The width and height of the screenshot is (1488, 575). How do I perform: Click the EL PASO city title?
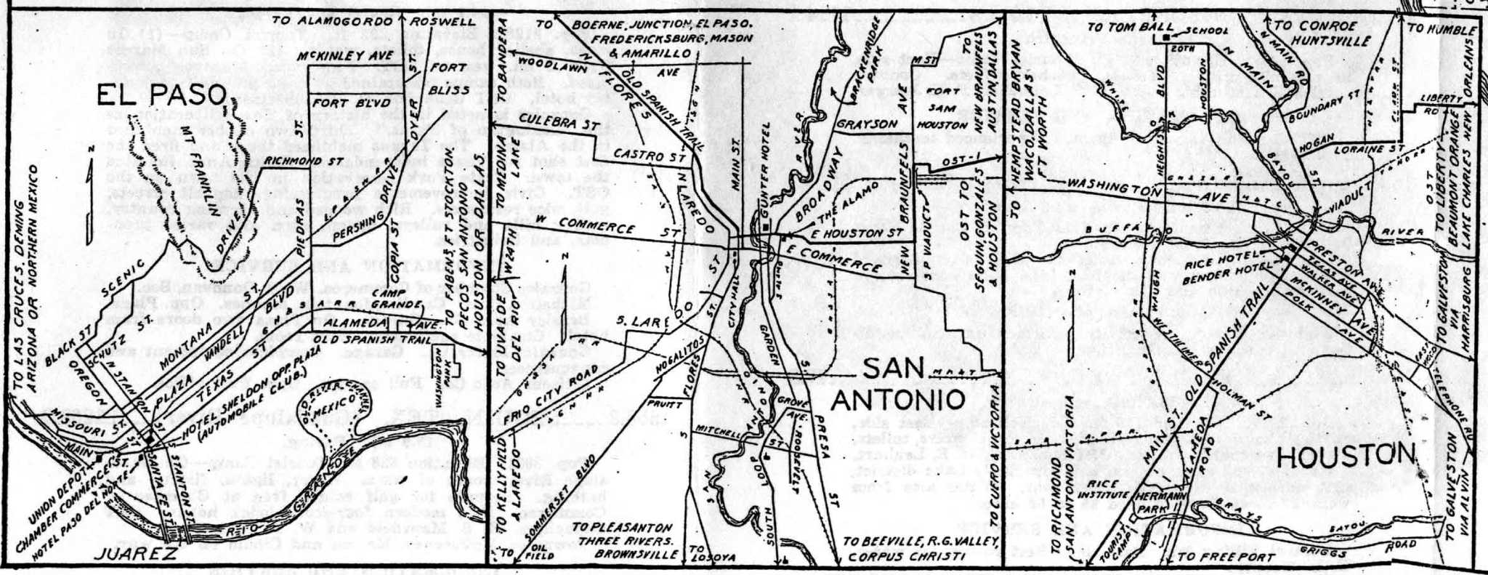coord(161,95)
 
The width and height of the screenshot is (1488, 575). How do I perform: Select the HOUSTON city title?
coord(1346,457)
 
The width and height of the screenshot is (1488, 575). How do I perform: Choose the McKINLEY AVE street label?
coord(340,56)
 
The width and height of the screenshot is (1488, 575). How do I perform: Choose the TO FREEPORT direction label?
coord(1224,558)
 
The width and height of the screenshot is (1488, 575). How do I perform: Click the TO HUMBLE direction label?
coord(1442,31)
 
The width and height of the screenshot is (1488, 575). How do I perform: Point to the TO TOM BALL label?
coord(1123,27)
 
